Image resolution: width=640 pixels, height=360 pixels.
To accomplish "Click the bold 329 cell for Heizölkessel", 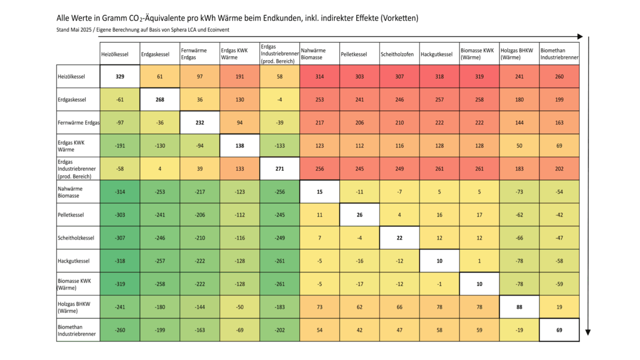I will (x=120, y=77).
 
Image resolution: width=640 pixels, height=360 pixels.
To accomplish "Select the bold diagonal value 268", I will (x=160, y=100).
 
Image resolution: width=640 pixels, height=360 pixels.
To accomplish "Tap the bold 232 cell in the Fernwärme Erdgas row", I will (x=200, y=123).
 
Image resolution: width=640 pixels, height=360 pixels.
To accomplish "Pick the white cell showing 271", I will (x=280, y=169).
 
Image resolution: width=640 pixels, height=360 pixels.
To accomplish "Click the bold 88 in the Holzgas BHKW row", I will (x=519, y=307).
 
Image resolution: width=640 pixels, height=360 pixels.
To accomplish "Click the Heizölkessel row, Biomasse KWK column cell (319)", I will (x=479, y=77).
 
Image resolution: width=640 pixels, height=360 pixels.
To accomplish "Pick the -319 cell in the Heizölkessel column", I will (x=120, y=284).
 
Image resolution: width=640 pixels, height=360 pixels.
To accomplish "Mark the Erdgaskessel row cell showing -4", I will (x=280, y=100).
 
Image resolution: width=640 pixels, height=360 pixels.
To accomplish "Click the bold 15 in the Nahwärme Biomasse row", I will (x=319, y=192).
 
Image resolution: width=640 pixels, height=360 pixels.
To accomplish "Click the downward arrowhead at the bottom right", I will (x=588, y=332).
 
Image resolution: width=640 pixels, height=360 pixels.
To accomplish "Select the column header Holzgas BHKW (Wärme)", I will (x=519, y=54).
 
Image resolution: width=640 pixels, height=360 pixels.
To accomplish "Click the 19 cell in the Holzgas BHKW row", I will (x=559, y=307).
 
